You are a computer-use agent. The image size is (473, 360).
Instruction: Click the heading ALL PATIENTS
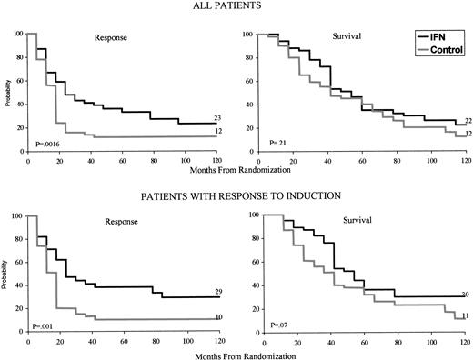click(236, 6)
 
